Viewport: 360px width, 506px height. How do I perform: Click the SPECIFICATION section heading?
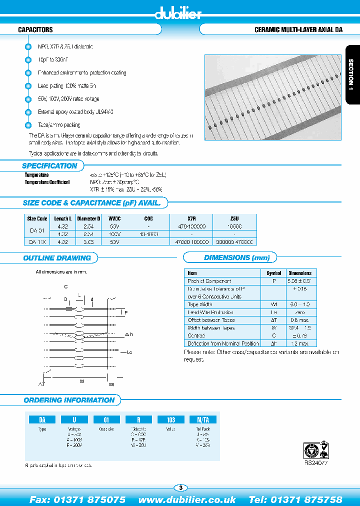point(49,166)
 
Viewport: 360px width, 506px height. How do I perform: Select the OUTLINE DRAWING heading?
point(57,258)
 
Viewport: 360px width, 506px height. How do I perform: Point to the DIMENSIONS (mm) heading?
point(237,258)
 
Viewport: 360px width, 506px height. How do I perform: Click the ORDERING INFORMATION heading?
point(69,400)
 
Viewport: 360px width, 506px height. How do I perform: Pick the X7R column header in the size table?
point(191,218)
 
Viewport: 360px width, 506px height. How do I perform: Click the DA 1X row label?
point(37,241)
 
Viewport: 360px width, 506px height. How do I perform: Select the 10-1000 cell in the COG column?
point(148,234)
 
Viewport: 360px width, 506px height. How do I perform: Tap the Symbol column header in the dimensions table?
point(273,273)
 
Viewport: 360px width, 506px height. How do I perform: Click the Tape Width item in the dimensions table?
point(200,304)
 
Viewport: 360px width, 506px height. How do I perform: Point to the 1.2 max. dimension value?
point(300,343)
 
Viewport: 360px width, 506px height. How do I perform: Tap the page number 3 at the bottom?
point(180,487)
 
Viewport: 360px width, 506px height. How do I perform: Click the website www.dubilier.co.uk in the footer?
point(187,499)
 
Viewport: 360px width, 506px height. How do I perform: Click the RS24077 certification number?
point(315,463)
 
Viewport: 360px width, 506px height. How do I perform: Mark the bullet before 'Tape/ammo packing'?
point(28,125)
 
